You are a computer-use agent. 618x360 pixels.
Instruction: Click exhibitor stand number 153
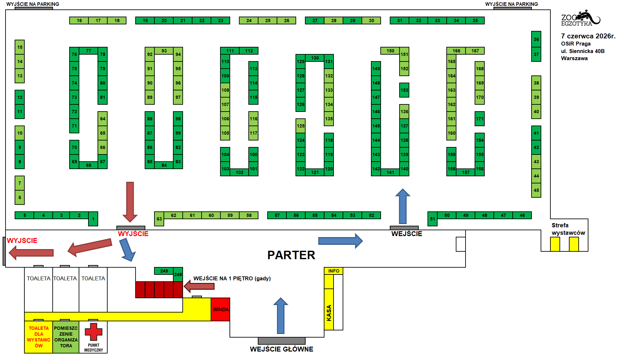pos(404,90)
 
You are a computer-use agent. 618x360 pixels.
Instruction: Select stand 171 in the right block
pos(480,119)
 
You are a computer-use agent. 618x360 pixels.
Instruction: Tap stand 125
pos(300,126)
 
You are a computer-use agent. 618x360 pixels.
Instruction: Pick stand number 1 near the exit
pos(93,219)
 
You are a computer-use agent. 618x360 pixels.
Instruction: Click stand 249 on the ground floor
pos(164,271)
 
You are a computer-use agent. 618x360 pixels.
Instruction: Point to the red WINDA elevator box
pos(220,309)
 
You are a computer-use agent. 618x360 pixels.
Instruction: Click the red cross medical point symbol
pos(93,332)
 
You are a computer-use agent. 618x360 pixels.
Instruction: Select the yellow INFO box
pos(334,271)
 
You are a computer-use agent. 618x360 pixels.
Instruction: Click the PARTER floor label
pos(291,255)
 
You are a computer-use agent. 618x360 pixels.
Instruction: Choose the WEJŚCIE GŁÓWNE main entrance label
pos(282,349)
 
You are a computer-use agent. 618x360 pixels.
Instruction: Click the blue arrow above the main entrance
pos(281,315)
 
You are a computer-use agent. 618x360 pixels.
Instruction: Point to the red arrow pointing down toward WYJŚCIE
pos(130,202)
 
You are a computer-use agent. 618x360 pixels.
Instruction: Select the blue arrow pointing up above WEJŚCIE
pos(402,206)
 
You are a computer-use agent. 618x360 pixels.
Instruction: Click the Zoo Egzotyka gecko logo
pos(581,18)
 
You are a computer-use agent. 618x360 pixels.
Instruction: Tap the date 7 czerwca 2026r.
pos(588,36)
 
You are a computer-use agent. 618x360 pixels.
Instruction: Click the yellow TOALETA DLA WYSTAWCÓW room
pos(39,337)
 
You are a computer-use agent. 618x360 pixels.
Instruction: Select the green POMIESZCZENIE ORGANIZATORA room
pos(66,337)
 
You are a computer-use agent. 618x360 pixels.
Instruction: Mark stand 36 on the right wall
pos(536,39)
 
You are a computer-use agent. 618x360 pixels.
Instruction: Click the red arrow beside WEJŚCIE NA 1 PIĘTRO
pos(199,286)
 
